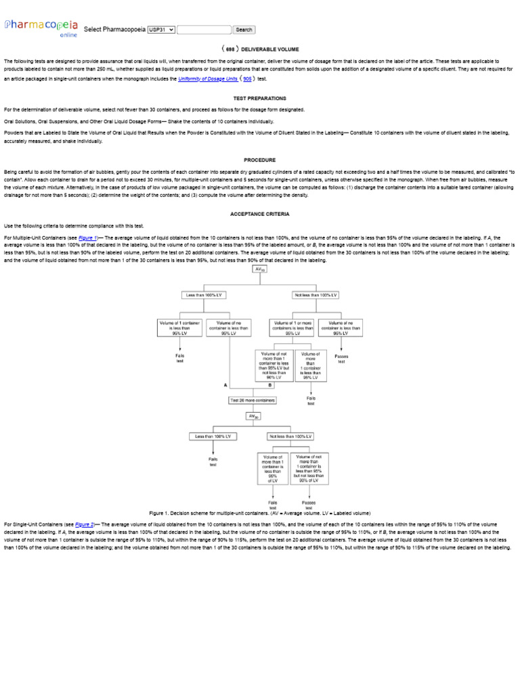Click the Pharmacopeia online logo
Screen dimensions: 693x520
pos(41,27)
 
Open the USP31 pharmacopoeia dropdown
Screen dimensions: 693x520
pos(161,30)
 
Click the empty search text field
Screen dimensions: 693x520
pos(204,30)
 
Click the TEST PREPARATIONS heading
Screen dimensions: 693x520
pos(260,98)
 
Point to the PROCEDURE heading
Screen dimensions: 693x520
pos(260,160)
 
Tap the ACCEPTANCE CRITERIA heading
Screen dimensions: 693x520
pos(260,214)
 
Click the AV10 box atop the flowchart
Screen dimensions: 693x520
pos(259,269)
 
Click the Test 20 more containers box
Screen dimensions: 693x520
pos(253,401)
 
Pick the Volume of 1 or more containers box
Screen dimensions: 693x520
pos(292,328)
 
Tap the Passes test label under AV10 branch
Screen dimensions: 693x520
pos(341,358)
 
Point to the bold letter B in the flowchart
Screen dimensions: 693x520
pos(270,384)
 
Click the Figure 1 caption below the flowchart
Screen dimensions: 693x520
pos(260,513)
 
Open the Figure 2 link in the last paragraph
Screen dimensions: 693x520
pos(85,524)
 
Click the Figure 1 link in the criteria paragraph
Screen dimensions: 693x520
pos(88,238)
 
